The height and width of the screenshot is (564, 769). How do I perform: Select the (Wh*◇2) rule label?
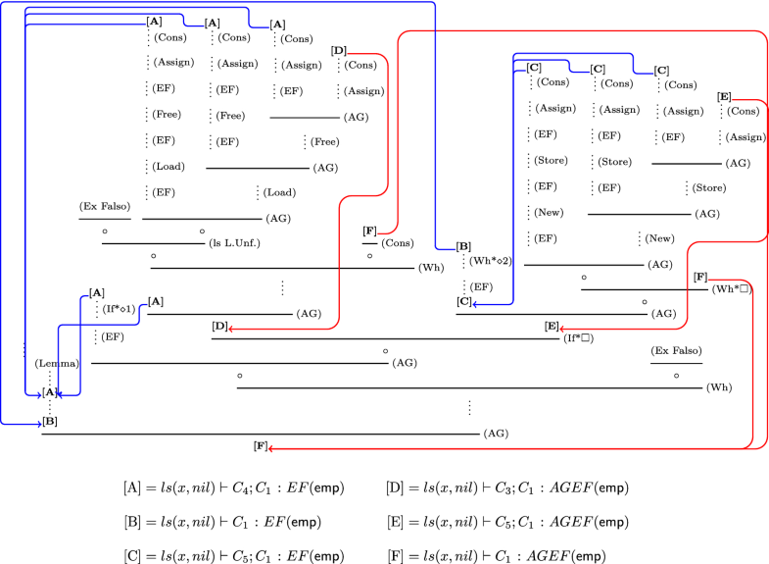(492, 262)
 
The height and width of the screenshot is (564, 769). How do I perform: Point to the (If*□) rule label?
(579, 338)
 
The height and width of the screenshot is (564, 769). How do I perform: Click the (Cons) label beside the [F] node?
(397, 242)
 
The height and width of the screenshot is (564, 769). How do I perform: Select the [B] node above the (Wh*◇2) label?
(463, 246)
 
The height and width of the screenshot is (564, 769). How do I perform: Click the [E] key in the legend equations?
(399, 522)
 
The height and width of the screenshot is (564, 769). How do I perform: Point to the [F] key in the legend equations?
(399, 556)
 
